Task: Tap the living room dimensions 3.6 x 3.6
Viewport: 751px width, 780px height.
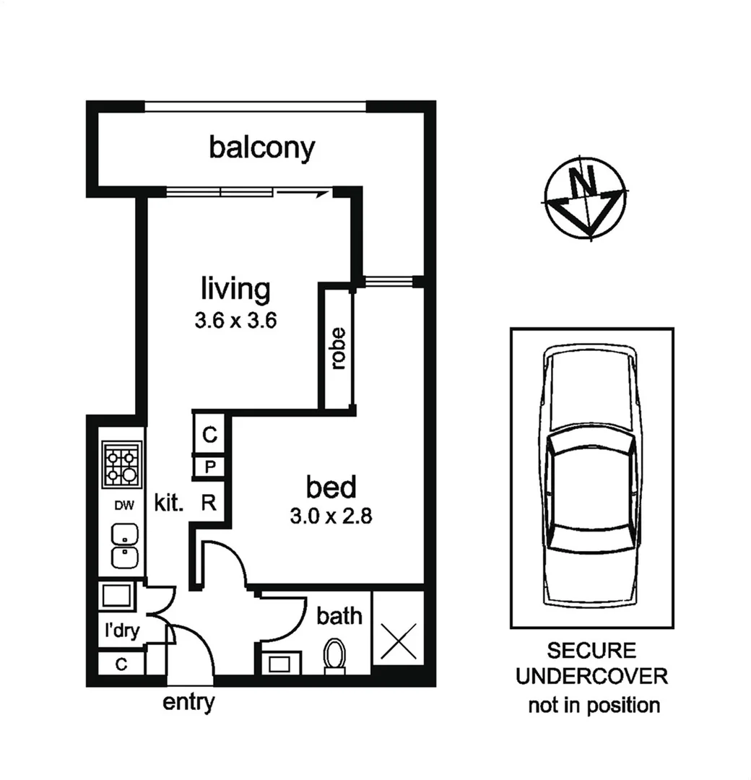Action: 236,320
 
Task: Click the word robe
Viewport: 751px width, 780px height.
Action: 337,349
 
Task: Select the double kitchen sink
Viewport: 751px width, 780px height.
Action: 123,546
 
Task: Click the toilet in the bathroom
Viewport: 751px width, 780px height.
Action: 335,655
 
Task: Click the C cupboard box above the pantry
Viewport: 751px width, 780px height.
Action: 209,435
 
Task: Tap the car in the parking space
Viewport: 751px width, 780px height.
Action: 591,477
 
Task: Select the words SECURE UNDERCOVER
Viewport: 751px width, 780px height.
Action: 591,663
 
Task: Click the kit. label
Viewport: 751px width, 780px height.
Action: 169,503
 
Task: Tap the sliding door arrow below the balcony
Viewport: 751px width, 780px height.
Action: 303,193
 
